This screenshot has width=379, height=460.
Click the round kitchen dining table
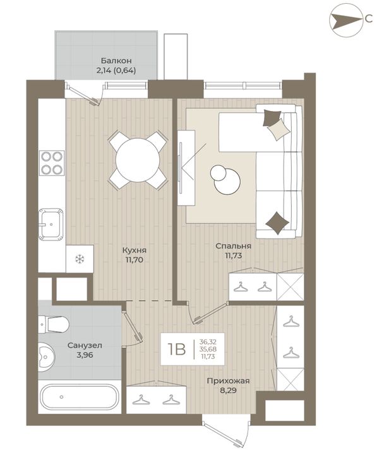point(138,160)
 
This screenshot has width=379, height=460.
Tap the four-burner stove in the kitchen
point(52,163)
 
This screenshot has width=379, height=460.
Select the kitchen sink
point(51,224)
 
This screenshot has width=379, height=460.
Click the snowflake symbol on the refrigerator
point(79,259)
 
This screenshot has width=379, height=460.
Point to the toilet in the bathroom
point(54,324)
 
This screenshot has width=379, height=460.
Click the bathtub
point(80,397)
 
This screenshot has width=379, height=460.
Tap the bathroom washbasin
point(46,356)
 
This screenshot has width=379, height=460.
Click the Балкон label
point(116,61)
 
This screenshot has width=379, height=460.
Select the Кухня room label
point(134,251)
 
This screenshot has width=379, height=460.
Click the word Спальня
point(233,246)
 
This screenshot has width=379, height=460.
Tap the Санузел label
point(85,345)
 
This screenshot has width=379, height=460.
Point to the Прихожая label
point(228,380)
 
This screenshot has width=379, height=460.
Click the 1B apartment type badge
point(176,349)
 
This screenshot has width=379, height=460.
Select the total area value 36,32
point(208,341)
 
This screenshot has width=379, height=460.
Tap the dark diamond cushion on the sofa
point(277,223)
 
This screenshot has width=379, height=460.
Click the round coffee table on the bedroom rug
point(227,181)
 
